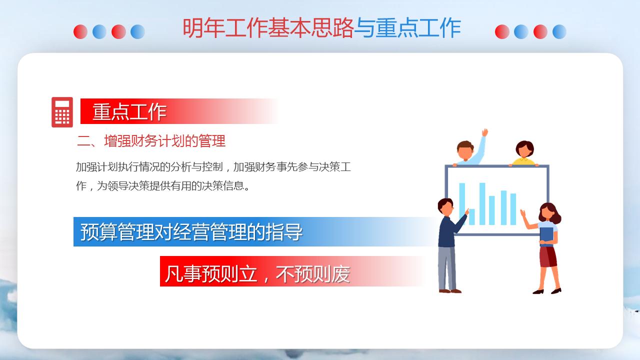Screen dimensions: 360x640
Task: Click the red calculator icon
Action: [62, 112]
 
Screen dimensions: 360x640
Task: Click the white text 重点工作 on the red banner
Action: [129, 111]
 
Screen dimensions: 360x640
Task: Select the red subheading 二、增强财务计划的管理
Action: [151, 141]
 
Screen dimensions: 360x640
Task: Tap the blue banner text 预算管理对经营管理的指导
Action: [191, 232]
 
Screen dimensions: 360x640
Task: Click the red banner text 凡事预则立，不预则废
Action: [257, 274]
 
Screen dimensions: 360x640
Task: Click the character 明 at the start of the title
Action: [192, 28]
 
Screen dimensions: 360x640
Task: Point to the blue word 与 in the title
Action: [364, 28]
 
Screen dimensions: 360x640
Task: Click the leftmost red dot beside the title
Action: [80, 31]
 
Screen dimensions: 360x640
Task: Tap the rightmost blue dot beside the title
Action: [559, 31]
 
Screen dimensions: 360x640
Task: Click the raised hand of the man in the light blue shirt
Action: [484, 133]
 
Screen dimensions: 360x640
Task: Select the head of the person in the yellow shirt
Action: [524, 148]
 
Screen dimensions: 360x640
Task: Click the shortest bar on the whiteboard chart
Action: [471, 216]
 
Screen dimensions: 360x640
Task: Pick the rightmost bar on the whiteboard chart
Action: [513, 209]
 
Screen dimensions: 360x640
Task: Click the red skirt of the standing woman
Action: [548, 256]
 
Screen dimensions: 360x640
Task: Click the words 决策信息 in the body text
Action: [230, 186]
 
